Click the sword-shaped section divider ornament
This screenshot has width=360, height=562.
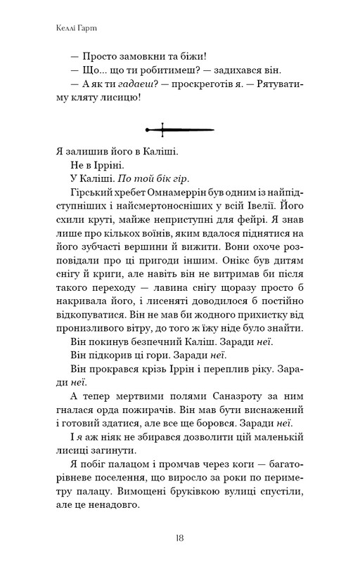tap(179, 129)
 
